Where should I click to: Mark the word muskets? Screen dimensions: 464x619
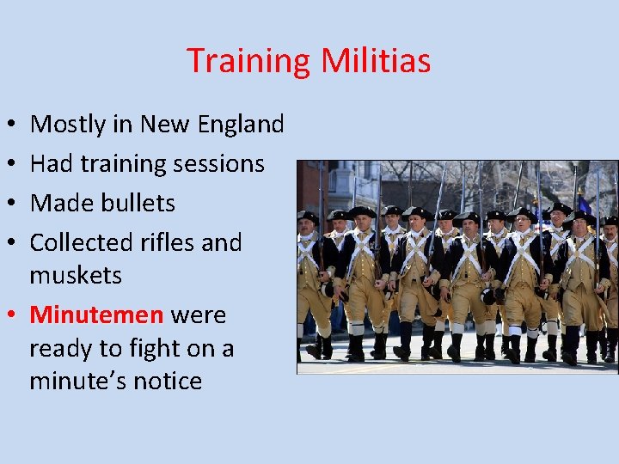point(76,275)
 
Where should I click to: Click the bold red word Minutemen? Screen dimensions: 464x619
point(96,314)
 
